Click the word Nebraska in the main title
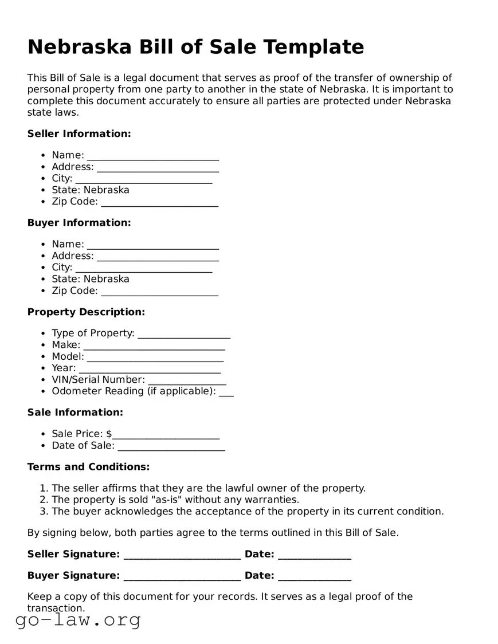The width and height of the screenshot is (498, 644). pos(80,46)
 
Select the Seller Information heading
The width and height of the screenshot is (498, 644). pos(79,133)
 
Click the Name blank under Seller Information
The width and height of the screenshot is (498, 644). pos(152,156)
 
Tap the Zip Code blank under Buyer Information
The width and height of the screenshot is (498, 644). pos(159,291)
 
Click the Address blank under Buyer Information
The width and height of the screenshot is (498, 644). pos(158,256)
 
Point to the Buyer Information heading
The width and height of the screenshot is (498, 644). pos(79,222)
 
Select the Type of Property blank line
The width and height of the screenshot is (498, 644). pos(184,333)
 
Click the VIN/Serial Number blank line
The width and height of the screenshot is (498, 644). pos(187,380)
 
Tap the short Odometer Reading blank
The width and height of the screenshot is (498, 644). pos(226,391)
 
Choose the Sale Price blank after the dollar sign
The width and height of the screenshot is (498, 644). pos(166,434)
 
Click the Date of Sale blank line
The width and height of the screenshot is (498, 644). pos(171,446)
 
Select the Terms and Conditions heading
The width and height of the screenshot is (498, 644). pos(88,466)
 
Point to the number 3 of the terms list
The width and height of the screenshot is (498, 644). pos(44,511)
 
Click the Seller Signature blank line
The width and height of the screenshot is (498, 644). pos(182,554)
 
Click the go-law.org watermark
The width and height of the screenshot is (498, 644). pos(78,620)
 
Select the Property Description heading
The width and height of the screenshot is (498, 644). pos(86,312)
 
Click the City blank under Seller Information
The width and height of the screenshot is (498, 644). pos(143,179)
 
